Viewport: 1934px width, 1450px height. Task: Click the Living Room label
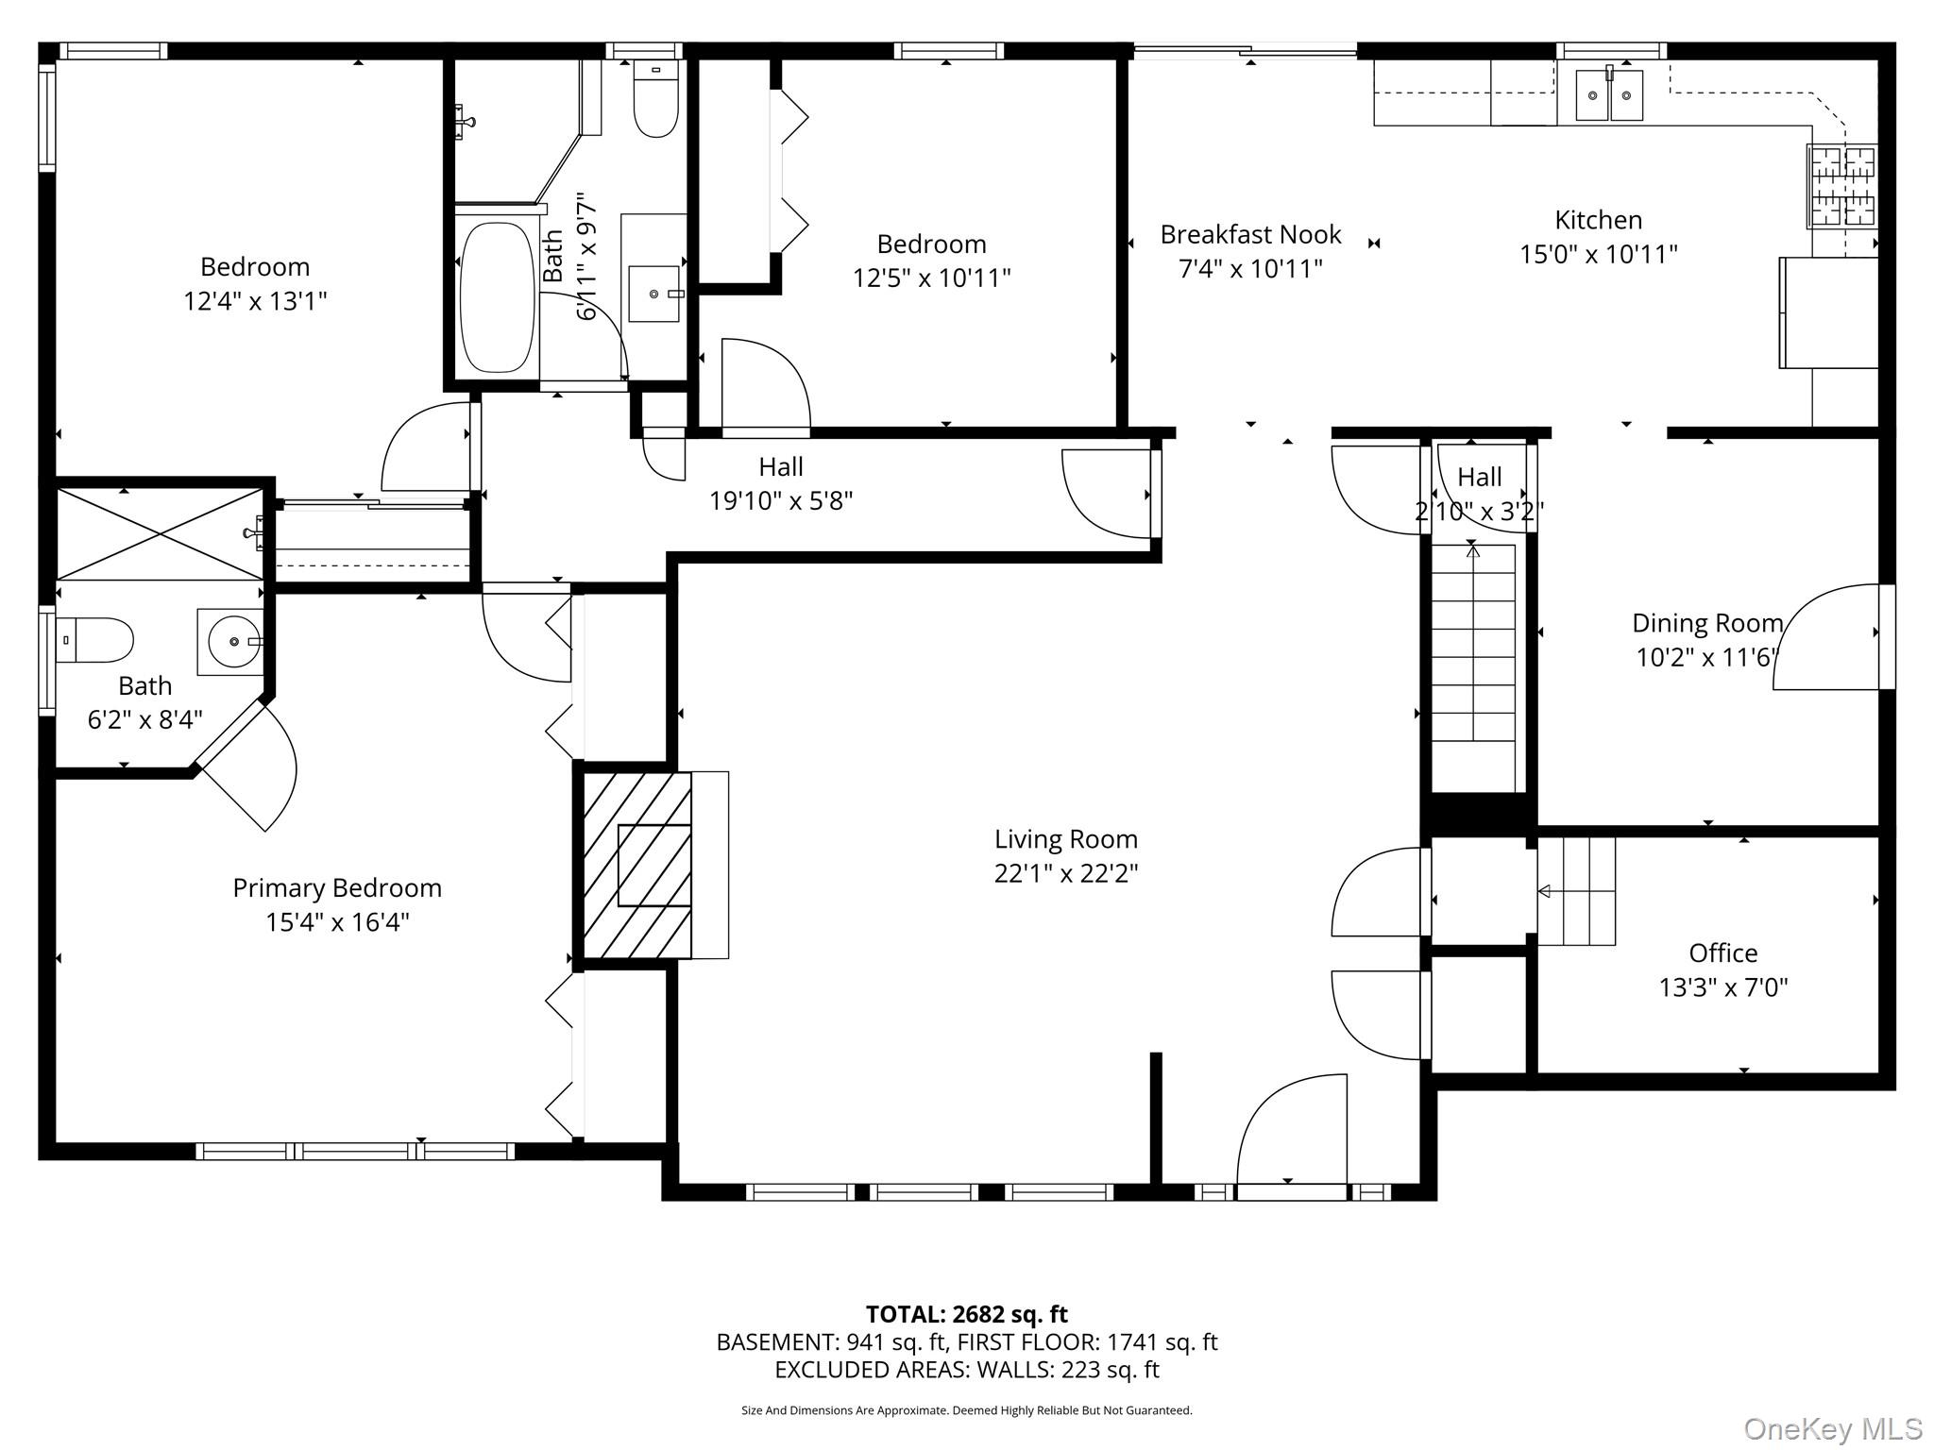click(x=1065, y=839)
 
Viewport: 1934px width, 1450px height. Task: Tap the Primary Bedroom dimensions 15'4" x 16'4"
click(x=337, y=922)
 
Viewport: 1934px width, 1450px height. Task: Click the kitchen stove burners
click(x=1841, y=186)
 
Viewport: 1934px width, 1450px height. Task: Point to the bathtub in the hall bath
click(x=496, y=297)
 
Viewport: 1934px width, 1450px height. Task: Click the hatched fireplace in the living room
click(x=636, y=866)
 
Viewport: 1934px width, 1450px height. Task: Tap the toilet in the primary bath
click(x=93, y=640)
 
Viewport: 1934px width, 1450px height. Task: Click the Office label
click(x=1723, y=953)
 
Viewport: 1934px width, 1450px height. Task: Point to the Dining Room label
click(x=1707, y=623)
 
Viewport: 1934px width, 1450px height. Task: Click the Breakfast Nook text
click(x=1250, y=234)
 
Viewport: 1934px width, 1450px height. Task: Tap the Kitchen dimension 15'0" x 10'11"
click(x=1598, y=254)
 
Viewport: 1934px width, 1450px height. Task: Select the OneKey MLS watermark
click(x=1833, y=1429)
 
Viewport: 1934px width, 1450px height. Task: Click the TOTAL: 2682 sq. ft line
click(x=967, y=1314)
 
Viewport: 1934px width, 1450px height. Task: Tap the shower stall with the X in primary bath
click(x=161, y=534)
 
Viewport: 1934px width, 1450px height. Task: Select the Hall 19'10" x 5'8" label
click(x=781, y=483)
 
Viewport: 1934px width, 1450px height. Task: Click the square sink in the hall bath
click(x=653, y=294)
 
